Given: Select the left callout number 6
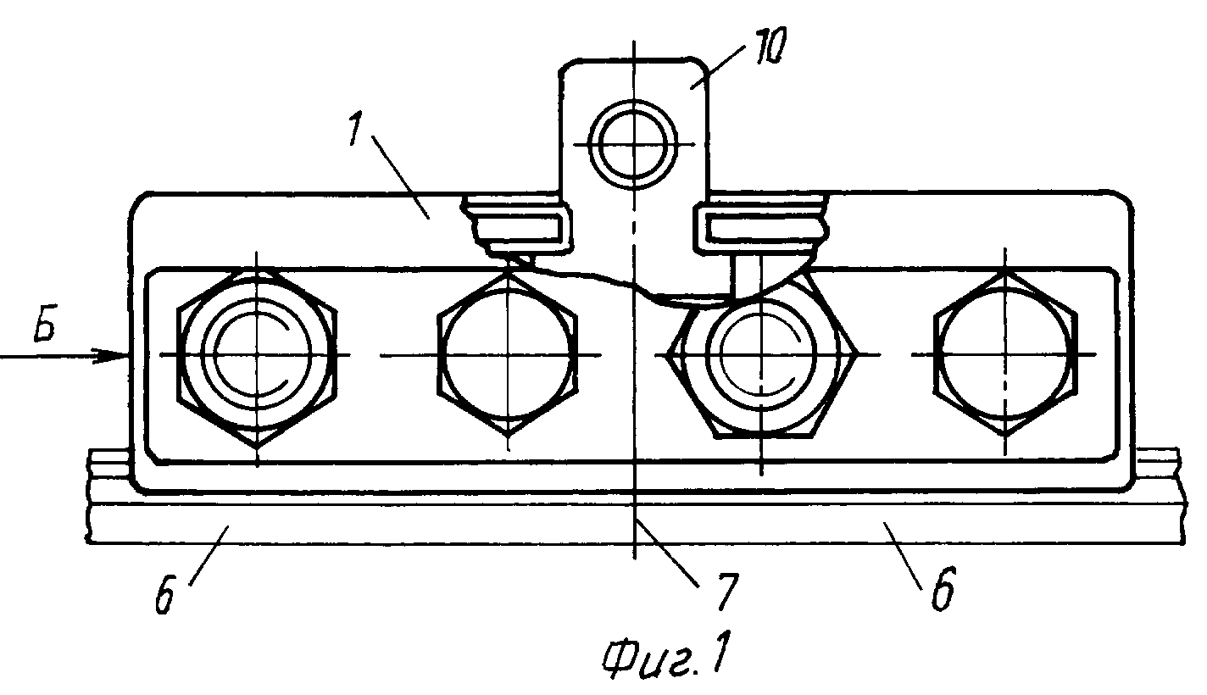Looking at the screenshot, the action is (x=164, y=594).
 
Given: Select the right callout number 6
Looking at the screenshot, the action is (x=943, y=589).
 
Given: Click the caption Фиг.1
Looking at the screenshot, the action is (x=666, y=656).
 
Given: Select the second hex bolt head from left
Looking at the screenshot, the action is (x=507, y=354).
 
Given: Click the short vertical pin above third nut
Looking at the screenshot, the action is (x=747, y=275).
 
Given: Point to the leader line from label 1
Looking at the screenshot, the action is (x=400, y=176).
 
